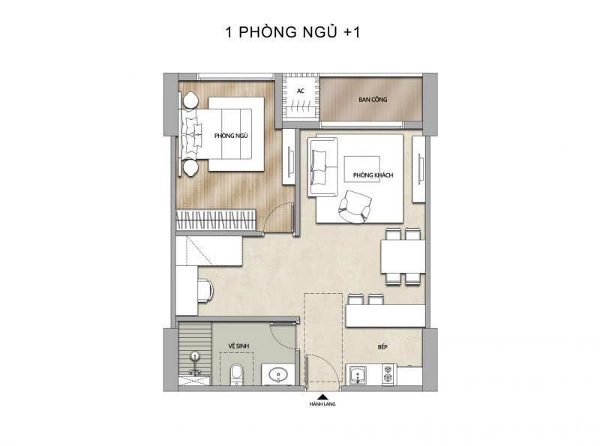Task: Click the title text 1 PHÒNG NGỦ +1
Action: [x=292, y=31]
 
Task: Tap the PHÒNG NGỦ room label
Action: [x=231, y=136]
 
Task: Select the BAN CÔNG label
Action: [x=373, y=100]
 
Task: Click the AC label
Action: [x=301, y=91]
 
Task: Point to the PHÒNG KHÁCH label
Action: [x=373, y=175]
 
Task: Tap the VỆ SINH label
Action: [x=238, y=346]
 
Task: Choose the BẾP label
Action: [x=382, y=347]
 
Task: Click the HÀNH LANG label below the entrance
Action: [x=322, y=404]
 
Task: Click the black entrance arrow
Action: [x=322, y=397]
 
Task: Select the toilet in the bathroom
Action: [x=236, y=374]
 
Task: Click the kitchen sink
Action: [x=358, y=374]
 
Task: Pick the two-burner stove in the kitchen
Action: [x=388, y=374]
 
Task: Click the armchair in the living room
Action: [x=355, y=207]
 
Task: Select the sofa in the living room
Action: [x=323, y=168]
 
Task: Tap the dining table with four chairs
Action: [x=403, y=256]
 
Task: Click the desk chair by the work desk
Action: [x=205, y=290]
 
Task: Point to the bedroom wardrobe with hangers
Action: [x=216, y=220]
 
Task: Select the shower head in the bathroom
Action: [x=196, y=357]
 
